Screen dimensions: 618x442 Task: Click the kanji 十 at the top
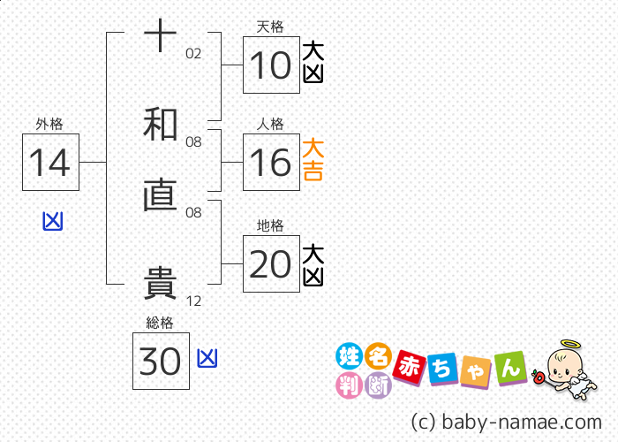point(160,35)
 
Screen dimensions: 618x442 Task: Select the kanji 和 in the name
point(160,124)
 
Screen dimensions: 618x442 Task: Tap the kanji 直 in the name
point(160,194)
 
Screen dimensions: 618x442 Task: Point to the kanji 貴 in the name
point(160,283)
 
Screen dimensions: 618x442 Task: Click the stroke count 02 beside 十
point(193,54)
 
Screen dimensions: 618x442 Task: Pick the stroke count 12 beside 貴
point(193,301)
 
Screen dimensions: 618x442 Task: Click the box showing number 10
point(271,65)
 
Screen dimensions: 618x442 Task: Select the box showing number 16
point(271,162)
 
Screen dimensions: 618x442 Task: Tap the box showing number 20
point(271,263)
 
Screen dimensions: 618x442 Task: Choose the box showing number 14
point(50,162)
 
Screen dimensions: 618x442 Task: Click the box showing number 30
point(161,361)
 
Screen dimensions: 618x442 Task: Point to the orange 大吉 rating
point(313,159)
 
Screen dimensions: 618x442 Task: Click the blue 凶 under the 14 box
point(53,221)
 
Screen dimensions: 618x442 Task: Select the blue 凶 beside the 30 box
point(207,358)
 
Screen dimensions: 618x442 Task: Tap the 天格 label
point(270,27)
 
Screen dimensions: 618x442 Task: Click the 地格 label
point(270,225)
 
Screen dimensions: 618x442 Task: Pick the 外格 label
point(49,124)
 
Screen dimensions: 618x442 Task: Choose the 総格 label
point(160,323)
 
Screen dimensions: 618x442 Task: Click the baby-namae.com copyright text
point(507,422)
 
